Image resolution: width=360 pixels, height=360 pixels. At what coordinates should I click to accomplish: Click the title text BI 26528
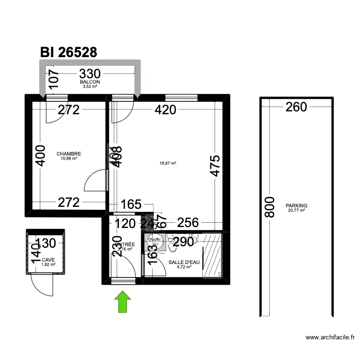69,52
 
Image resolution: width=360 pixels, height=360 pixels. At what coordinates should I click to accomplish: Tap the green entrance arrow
123,301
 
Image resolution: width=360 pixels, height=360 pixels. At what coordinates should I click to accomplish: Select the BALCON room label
90,82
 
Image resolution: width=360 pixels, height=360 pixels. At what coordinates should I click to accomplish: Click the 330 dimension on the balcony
90,74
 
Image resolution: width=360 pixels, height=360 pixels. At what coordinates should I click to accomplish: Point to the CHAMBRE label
69,154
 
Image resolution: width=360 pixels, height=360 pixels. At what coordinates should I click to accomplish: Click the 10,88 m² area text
69,159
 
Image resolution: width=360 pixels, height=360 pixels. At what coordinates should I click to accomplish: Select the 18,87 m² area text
168,163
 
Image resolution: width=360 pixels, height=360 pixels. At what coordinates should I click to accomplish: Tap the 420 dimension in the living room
166,110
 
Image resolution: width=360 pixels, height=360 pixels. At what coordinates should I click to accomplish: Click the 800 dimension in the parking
270,207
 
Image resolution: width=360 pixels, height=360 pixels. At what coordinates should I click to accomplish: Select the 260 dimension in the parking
296,107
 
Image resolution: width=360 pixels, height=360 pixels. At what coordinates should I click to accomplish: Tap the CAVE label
48,260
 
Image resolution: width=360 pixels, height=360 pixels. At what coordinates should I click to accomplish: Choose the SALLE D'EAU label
184,262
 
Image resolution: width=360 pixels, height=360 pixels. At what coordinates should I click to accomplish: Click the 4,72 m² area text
184,267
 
